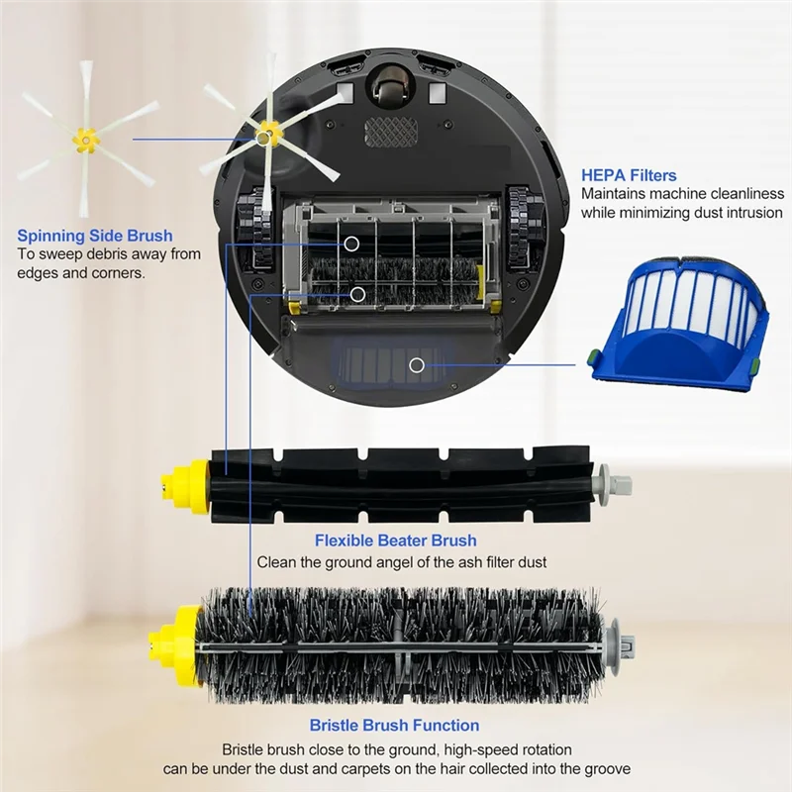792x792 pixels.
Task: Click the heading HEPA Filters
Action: coord(629,175)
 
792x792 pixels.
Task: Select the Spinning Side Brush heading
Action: coord(95,236)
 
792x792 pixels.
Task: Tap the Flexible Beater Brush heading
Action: coord(395,541)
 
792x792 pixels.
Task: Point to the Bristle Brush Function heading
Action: coord(394,726)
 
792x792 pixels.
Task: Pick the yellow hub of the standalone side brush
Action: coord(86,141)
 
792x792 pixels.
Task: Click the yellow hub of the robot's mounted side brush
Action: coord(265,132)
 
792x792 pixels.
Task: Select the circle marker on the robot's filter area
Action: coord(417,365)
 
